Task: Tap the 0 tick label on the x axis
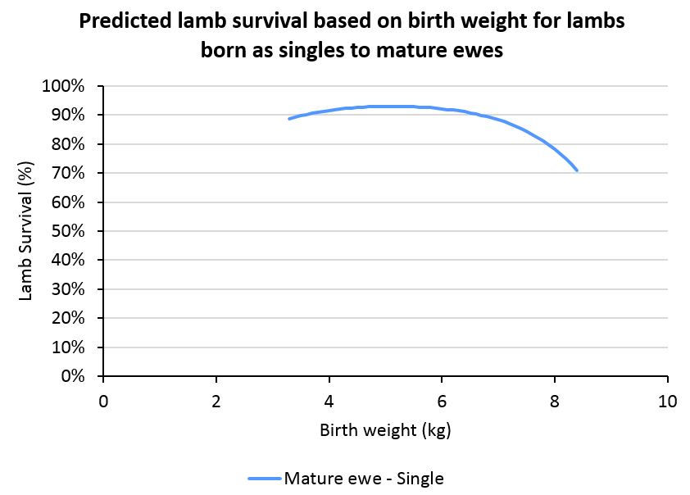(103, 402)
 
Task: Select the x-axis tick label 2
(216, 402)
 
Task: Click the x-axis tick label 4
(329, 402)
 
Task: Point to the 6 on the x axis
(442, 402)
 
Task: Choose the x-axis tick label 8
(555, 402)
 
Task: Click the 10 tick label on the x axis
(667, 402)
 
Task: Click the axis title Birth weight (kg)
(385, 430)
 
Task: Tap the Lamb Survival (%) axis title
(26, 231)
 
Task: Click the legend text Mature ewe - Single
(364, 479)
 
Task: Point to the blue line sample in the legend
(263, 479)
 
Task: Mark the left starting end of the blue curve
(288, 119)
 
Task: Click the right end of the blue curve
(578, 170)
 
